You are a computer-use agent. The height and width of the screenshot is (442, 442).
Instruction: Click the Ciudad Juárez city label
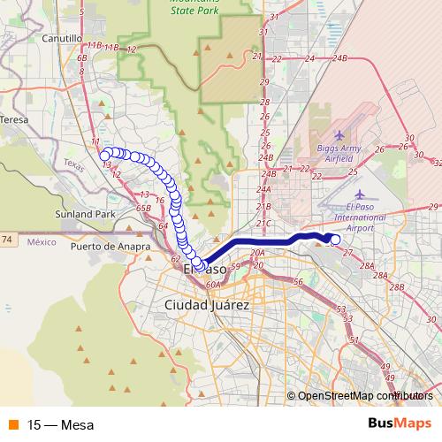click(x=208, y=304)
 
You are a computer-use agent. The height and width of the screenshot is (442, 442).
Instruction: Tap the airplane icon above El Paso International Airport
click(x=359, y=194)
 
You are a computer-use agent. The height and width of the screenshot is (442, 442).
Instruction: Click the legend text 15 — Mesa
click(x=60, y=424)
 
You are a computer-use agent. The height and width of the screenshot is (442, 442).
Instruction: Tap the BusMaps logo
click(x=400, y=423)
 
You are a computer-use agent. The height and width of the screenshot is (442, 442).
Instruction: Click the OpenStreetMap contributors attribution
click(x=360, y=395)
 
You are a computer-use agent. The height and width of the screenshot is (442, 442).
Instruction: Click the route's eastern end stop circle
click(x=335, y=238)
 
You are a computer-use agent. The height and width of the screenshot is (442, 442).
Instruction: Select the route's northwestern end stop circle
click(x=105, y=156)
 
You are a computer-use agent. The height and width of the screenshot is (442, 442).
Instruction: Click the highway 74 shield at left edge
click(x=7, y=240)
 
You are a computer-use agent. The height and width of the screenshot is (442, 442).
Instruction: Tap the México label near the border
click(x=41, y=240)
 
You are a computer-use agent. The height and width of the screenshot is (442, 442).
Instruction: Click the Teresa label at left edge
click(x=15, y=118)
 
